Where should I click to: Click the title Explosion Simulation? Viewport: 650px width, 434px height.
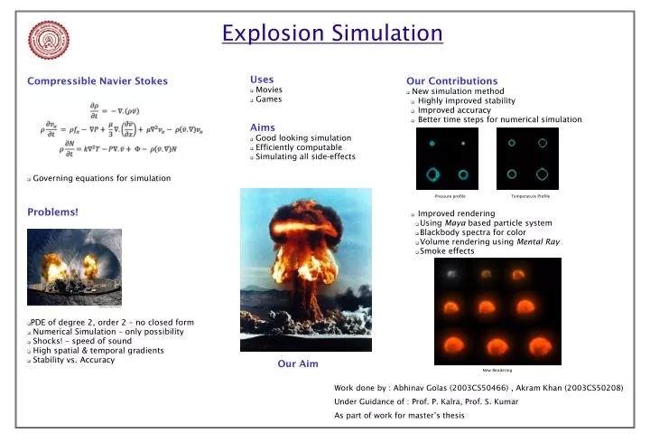[331, 34]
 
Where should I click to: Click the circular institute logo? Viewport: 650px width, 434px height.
[48, 40]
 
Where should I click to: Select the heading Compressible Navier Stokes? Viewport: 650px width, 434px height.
[97, 81]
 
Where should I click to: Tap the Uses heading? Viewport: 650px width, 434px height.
[262, 80]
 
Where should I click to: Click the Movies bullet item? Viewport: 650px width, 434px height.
[269, 90]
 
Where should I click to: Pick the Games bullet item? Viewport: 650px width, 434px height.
[268, 99]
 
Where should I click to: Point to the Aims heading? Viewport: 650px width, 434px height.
[262, 127]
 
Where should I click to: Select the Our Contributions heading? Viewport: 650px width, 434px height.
[451, 81]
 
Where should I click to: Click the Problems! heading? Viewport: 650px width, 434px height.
[52, 212]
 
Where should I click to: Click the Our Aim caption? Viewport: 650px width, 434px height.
[297, 363]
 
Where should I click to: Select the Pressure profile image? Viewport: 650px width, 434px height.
[448, 158]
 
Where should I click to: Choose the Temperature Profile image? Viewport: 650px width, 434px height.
[527, 158]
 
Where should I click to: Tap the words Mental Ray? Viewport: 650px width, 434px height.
[539, 241]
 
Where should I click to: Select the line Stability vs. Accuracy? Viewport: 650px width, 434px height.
[73, 360]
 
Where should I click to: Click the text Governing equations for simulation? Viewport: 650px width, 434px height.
[101, 178]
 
